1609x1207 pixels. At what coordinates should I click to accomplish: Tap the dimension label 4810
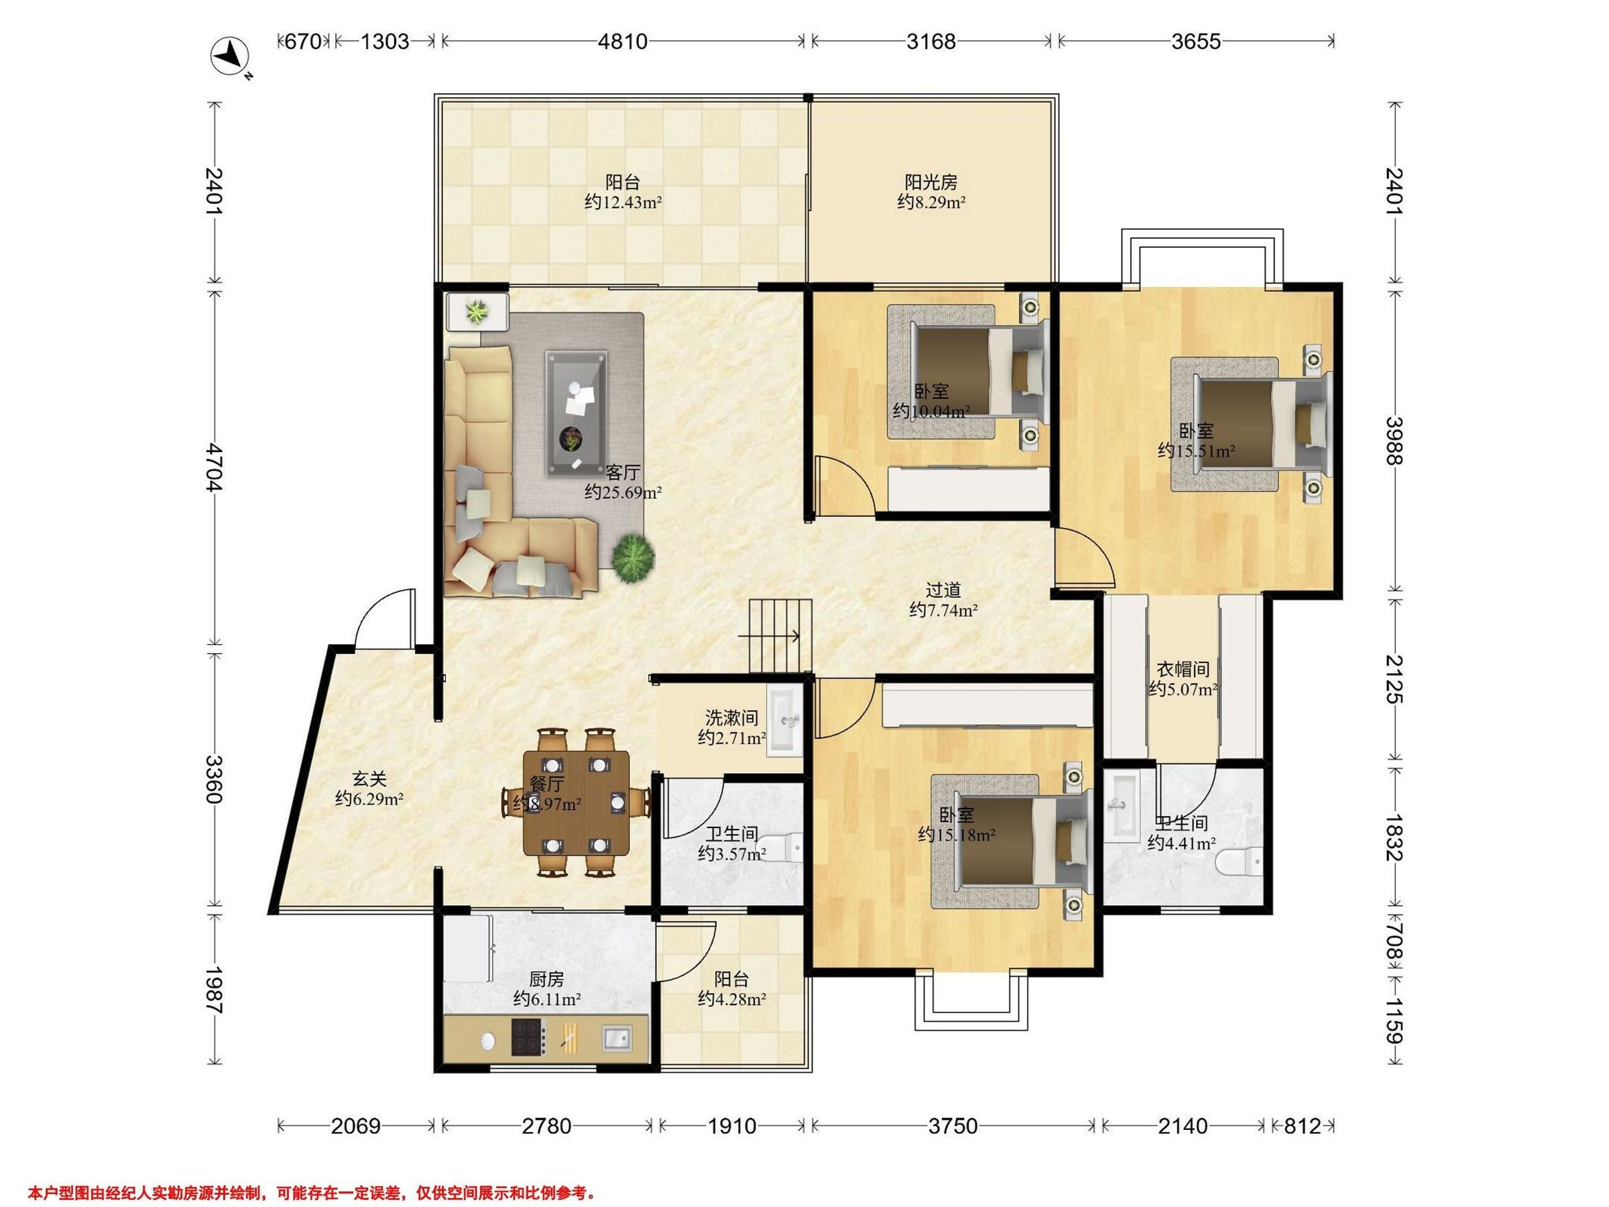622,42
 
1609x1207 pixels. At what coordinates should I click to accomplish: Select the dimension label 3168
931,42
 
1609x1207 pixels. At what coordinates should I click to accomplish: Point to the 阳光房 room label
931,182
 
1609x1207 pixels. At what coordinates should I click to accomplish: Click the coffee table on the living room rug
577,412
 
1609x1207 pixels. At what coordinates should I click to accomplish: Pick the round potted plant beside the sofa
633,558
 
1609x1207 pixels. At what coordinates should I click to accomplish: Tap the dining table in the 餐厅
577,803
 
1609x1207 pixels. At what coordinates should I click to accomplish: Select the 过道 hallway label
943,589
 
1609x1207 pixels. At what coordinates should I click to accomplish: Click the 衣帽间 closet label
1183,669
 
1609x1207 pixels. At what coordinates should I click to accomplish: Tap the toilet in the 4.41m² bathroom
1239,862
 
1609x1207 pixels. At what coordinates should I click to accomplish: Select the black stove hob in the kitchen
528,1037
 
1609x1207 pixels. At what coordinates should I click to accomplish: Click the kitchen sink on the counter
617,1037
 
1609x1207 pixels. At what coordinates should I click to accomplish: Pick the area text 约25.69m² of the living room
623,493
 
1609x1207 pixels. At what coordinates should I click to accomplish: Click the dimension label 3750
953,1127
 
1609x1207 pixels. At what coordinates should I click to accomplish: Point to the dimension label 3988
1393,440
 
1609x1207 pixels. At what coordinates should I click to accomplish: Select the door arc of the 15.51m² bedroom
1085,557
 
